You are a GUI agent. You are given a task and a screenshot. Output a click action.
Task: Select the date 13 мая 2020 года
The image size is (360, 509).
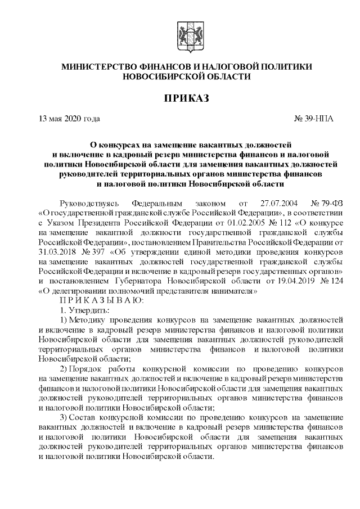coord(69,119)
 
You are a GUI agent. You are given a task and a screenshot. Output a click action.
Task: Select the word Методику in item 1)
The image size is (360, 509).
coord(93,322)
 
